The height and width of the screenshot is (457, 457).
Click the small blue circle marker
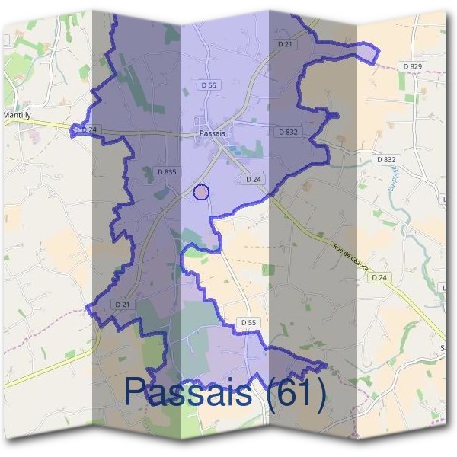201,192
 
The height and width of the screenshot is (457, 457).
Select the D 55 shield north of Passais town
209,85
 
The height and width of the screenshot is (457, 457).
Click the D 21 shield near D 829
286,44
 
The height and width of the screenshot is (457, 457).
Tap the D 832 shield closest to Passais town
287,132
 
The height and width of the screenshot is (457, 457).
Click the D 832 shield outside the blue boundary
386,159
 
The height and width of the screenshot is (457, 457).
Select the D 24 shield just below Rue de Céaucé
381,278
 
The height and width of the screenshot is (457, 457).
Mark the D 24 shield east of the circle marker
254,179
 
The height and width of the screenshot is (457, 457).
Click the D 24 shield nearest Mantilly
89,130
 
